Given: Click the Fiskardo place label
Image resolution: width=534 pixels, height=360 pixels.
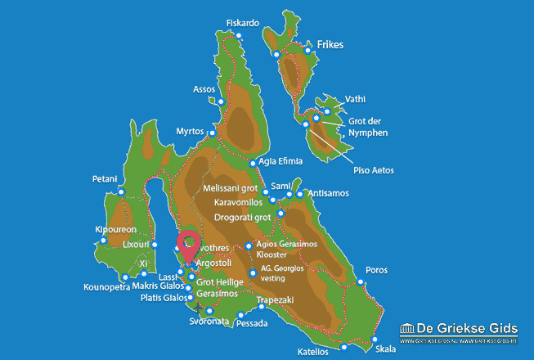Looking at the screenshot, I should point(242,23).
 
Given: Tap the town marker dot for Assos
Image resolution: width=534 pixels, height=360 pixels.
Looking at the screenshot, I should point(222,101).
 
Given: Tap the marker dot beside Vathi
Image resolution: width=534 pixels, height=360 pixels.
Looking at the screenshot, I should point(327,111).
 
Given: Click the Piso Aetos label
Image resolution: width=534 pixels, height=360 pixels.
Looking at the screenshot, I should point(374,170).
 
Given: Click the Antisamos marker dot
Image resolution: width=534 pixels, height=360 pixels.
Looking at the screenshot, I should point(301,194).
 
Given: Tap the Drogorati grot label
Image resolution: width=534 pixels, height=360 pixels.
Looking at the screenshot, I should point(243,218).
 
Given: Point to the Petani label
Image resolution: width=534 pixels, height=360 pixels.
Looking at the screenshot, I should point(105,179).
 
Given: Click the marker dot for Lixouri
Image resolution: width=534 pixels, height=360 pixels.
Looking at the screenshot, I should point(155,245).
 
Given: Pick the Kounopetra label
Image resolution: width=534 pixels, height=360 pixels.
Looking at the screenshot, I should point(106,287).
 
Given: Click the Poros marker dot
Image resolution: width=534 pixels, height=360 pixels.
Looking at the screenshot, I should point(361,281).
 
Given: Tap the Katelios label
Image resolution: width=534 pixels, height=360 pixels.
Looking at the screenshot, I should point(313,352).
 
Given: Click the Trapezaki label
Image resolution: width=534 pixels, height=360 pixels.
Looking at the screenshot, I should point(275,300).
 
